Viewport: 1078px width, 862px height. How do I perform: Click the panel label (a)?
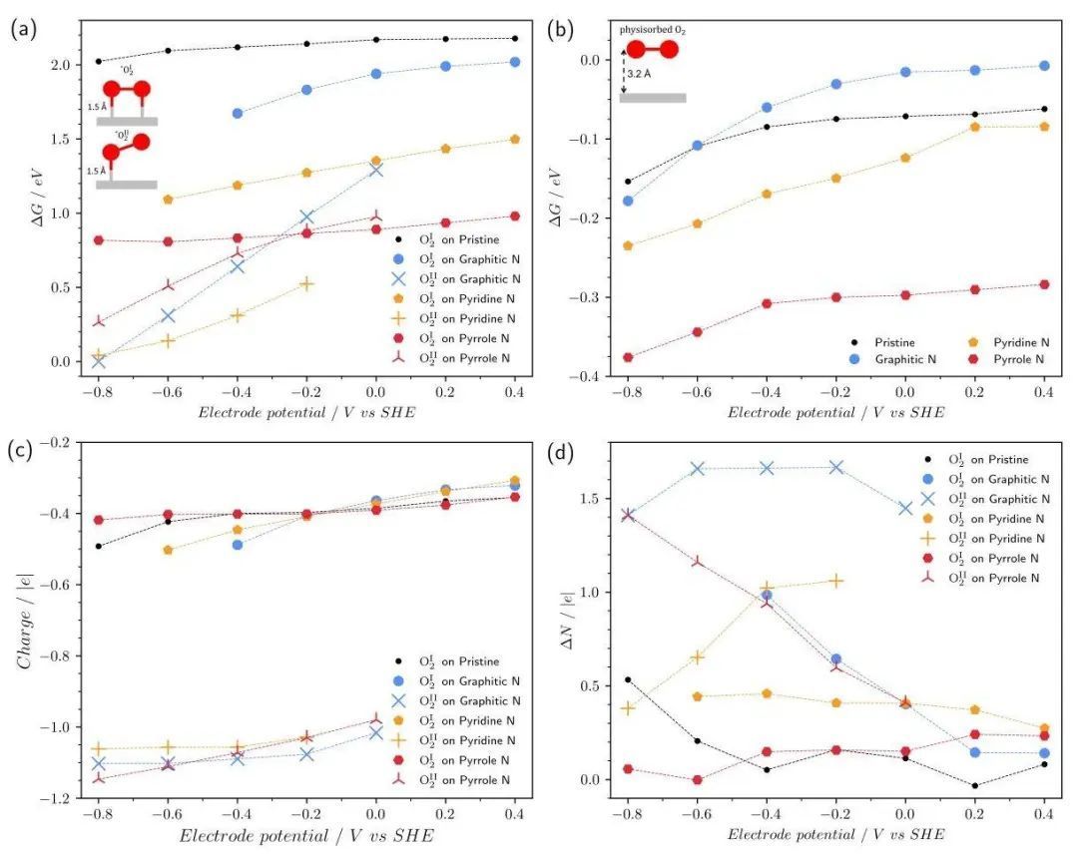23,29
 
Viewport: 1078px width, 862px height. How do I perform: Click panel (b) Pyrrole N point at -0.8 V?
628,357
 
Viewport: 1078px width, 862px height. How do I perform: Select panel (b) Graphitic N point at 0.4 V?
1044,66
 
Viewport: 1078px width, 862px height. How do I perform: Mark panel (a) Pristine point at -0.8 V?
98,61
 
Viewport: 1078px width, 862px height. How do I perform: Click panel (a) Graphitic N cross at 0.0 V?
375,170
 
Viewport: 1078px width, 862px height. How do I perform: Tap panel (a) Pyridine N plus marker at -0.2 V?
306,283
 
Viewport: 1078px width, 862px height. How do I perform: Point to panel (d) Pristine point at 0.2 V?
975,786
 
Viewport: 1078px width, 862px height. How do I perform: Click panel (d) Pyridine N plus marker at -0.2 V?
836,581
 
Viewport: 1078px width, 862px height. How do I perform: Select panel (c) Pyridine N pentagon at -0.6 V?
168,550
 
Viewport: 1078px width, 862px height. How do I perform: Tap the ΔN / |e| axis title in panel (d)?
565,620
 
